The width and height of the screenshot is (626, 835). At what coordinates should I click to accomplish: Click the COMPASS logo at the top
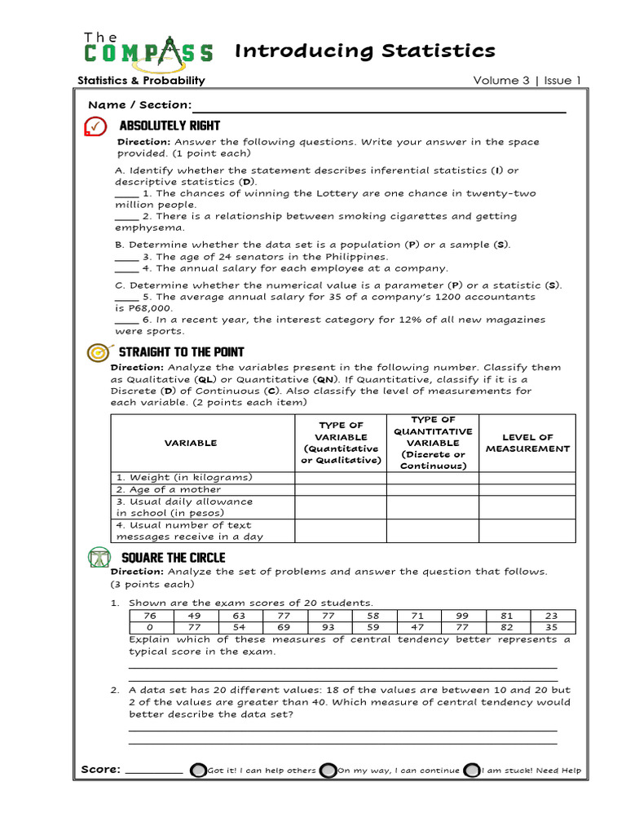pos(148,49)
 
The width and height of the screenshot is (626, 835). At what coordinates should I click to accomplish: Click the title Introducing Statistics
pos(364,51)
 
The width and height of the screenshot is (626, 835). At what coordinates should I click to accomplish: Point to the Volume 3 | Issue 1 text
pos(527,80)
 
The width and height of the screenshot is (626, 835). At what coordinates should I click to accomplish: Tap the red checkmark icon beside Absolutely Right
pos(95,126)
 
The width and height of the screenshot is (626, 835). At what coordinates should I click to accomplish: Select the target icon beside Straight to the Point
pos(97,352)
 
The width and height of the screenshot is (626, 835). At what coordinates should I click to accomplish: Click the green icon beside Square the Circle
pos(98,558)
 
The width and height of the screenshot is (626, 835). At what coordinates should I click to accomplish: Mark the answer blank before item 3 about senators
pos(126,258)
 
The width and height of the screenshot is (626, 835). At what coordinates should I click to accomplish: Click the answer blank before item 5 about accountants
pos(126,298)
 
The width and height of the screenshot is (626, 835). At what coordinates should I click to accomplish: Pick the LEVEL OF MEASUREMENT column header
pos(527,443)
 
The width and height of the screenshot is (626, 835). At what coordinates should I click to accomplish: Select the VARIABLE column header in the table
pos(191,443)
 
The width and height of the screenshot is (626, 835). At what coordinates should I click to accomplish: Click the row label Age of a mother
pos(168,489)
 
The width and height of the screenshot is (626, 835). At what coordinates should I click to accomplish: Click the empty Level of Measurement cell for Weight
pos(527,477)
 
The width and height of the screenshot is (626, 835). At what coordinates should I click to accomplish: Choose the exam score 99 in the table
pos(463,616)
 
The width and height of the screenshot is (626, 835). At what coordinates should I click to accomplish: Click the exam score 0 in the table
pos(149,628)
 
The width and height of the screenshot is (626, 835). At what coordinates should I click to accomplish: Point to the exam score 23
pos(552,616)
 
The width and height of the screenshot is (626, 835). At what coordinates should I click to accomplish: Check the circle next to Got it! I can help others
pos(197,771)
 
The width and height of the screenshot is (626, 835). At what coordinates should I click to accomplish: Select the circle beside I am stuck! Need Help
pos(471,771)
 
